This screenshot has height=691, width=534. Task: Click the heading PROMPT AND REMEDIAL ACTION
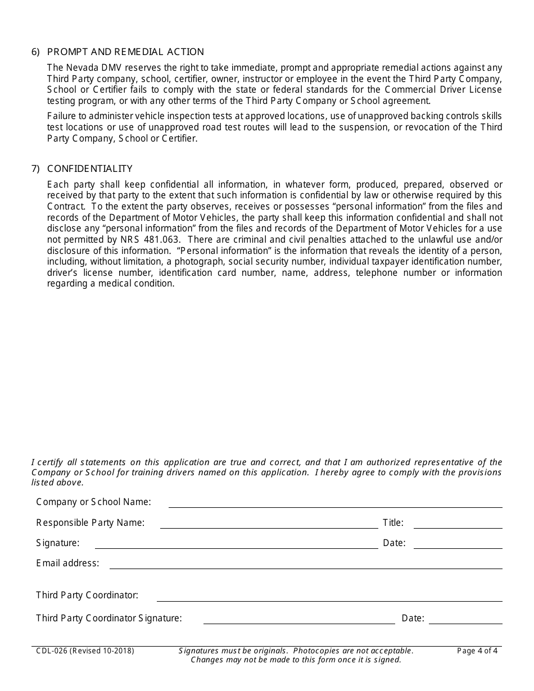click(125, 52)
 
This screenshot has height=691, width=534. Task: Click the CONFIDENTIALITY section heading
click(90, 169)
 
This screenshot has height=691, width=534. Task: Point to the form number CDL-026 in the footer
click(49, 651)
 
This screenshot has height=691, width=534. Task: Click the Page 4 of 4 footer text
click(477, 651)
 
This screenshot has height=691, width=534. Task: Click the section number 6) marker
click(36, 52)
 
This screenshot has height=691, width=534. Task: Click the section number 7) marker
click(36, 169)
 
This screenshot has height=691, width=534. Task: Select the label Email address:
click(67, 563)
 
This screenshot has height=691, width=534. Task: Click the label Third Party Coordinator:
click(87, 595)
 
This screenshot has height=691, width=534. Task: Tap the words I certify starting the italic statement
click(48, 462)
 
